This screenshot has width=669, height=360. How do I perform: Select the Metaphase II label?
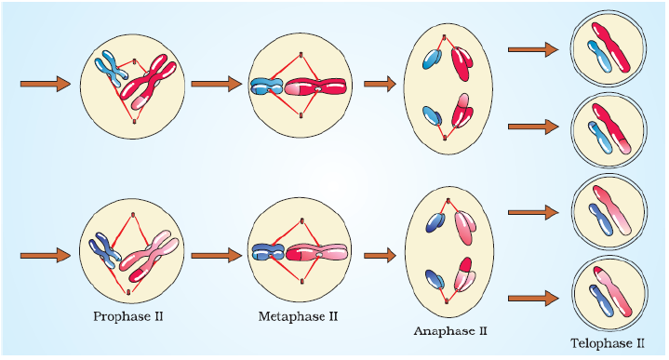pos(297,316)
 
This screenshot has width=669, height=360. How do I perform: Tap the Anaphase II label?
pos(450,330)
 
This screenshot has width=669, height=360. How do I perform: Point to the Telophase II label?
pos(607,343)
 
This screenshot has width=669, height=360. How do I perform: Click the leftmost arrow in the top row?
pos(46,84)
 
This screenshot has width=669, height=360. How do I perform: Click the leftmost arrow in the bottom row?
pos(46,254)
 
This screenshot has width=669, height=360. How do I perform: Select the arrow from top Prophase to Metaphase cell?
pos(217,84)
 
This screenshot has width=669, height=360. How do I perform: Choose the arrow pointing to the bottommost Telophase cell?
pos(533,298)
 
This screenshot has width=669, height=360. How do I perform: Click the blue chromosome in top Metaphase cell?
pos(268,88)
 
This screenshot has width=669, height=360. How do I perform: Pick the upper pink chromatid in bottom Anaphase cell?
pos(462,226)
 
